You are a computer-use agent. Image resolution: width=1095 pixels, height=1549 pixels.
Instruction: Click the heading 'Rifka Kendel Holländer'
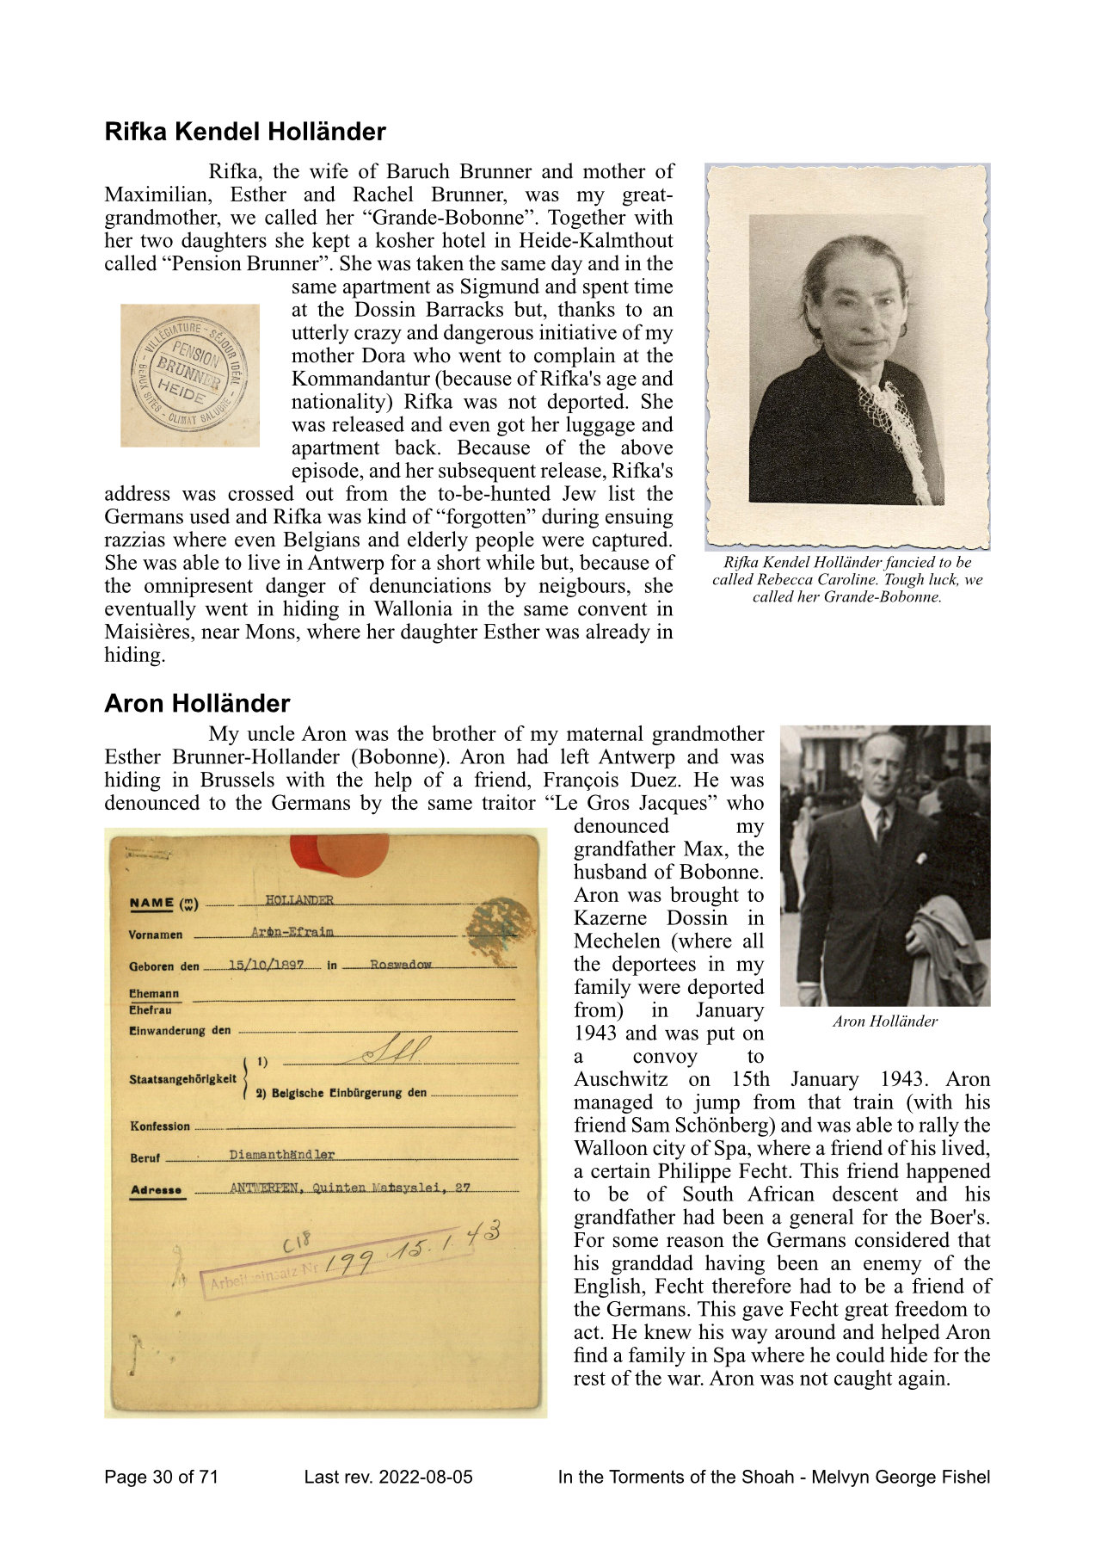245,132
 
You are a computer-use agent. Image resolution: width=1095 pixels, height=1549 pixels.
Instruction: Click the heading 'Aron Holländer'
197,703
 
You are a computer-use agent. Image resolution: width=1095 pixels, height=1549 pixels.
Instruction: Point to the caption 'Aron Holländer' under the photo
884,1021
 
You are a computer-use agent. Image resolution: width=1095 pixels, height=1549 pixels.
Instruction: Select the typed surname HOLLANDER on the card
298,900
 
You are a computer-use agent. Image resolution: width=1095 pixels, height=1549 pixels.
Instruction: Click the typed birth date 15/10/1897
266,965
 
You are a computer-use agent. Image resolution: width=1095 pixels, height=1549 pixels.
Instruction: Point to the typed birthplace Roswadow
401,965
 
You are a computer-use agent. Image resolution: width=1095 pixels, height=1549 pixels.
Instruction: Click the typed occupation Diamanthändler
282,1155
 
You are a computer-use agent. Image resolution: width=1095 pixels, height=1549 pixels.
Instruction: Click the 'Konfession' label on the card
160,1126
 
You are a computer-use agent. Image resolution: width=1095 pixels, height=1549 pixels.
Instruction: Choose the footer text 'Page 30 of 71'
162,1478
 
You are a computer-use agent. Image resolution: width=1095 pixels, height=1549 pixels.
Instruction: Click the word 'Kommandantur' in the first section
352,379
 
